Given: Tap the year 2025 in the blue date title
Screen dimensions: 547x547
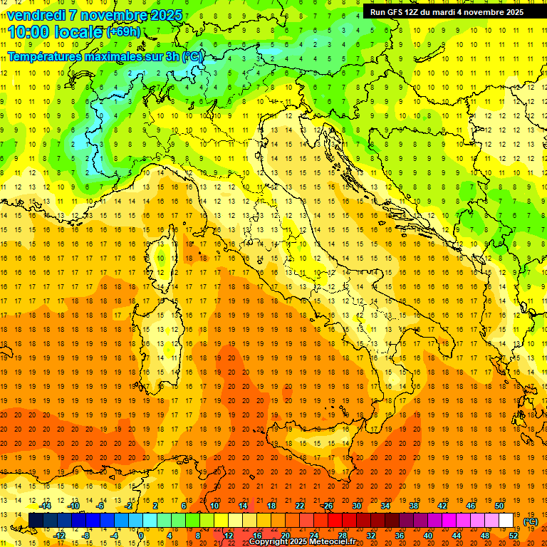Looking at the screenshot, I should [165, 15].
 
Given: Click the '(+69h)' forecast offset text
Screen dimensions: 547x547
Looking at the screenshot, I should [123, 32].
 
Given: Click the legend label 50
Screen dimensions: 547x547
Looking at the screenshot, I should [499, 506].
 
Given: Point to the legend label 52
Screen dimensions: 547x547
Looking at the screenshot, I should [513, 535].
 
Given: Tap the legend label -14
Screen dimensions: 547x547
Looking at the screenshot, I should [46, 506].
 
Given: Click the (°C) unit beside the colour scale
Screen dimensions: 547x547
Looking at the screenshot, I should [531, 521].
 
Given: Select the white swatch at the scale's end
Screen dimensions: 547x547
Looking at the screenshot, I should [506, 521].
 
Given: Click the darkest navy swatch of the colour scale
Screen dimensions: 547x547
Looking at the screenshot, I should [36, 521].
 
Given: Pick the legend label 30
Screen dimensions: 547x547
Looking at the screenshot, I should [356, 506].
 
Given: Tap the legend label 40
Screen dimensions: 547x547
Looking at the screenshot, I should [427, 535].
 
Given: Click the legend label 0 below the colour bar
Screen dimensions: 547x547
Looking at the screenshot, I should [141, 535].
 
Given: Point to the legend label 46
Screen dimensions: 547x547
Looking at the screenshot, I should [470, 506].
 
